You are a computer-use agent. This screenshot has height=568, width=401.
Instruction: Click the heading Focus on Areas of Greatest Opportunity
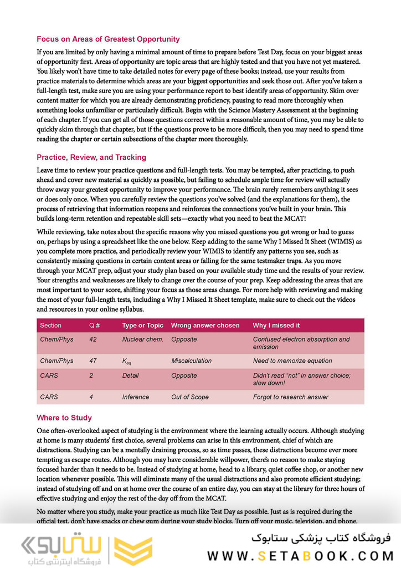click(x=108, y=39)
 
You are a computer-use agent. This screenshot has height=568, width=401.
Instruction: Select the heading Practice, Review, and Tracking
click(x=91, y=157)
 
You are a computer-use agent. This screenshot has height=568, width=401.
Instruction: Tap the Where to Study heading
click(x=64, y=418)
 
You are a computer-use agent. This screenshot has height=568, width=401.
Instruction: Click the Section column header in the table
click(x=51, y=325)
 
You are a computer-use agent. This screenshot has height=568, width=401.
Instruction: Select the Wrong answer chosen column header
click(x=205, y=325)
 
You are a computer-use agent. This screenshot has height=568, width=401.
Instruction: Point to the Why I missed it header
click(x=276, y=325)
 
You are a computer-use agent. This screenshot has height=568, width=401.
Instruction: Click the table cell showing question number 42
click(x=93, y=339)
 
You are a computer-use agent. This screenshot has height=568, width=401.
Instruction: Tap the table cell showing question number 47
click(x=93, y=361)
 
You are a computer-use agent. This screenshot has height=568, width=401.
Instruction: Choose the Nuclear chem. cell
click(x=142, y=339)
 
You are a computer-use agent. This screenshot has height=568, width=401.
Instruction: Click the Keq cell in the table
click(x=128, y=361)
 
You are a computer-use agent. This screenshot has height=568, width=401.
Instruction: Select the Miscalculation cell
click(x=191, y=361)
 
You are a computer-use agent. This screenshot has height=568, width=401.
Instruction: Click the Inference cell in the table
click(x=136, y=397)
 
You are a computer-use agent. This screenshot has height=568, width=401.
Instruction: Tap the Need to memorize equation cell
click(x=292, y=361)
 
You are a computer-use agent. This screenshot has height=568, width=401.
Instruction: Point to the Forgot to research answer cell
click(x=290, y=397)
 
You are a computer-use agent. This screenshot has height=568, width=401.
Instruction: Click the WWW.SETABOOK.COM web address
click(x=300, y=555)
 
